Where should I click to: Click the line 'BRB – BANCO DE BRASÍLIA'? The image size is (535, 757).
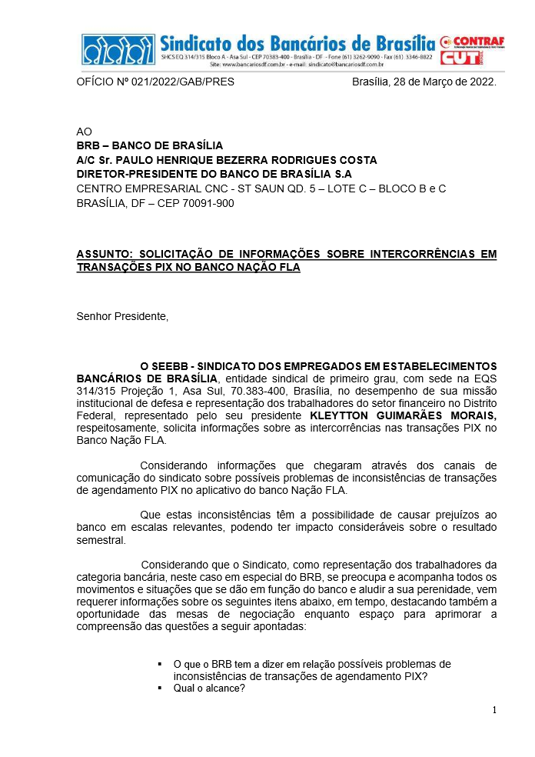tap(149, 145)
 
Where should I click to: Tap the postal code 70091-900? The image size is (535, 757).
tap(208, 203)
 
